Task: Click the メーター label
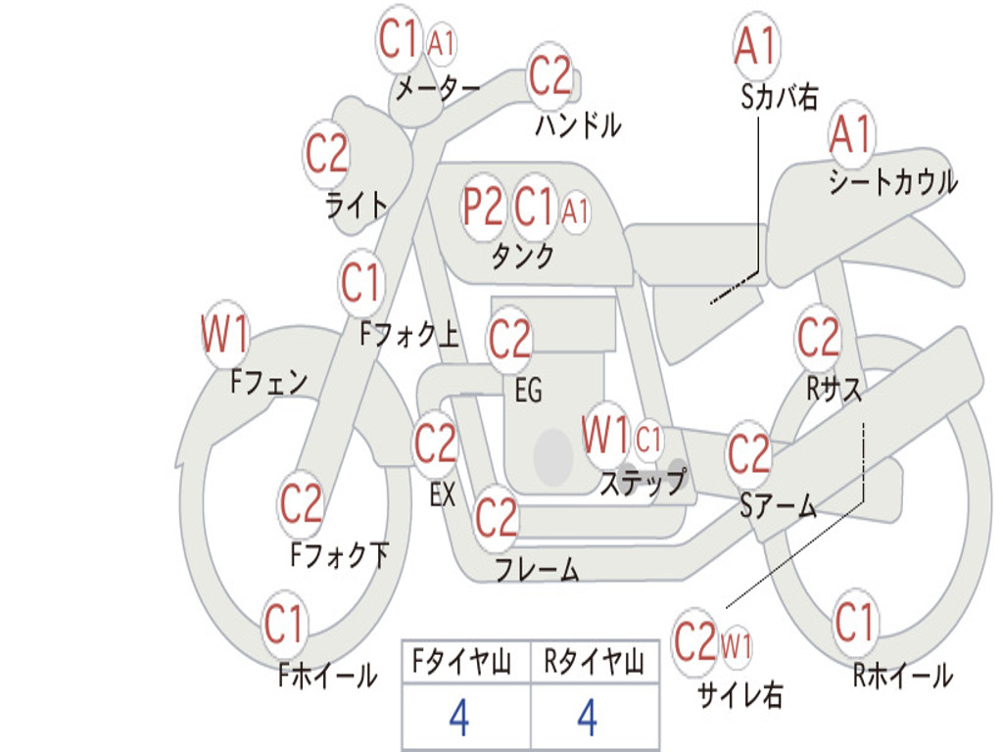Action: pos(437,89)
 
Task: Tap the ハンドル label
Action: pos(578,124)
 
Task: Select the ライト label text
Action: pos(356,205)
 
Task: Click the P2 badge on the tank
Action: pos(484,207)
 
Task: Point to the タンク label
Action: pos(522,256)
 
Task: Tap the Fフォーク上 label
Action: pos(408,335)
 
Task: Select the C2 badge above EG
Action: pos(509,340)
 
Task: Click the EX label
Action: pos(443,494)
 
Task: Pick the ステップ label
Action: pos(643,483)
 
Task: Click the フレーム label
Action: pos(537,569)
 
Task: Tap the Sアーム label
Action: pos(778,505)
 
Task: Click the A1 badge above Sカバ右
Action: pos(755,46)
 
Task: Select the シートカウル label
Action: pos(892,181)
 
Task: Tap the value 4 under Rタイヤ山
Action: pos(587,718)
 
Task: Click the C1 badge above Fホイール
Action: pos(286,624)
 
